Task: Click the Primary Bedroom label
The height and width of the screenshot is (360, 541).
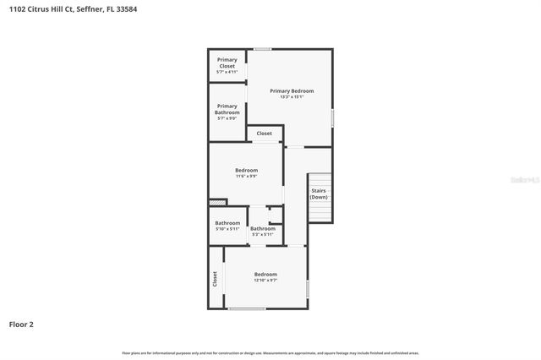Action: click(292, 90)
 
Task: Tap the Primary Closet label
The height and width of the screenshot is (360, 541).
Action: click(227, 63)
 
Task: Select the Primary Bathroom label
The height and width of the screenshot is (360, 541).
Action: click(227, 109)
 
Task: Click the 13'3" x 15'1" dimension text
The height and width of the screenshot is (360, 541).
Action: click(292, 97)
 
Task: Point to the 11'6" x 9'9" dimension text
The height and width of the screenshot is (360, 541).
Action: click(246, 177)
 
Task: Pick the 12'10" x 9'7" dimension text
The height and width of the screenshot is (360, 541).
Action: click(265, 281)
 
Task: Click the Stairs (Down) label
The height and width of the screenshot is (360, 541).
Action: click(319, 194)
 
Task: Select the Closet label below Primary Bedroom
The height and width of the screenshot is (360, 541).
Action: click(265, 134)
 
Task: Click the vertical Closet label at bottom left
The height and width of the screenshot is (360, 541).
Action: click(215, 278)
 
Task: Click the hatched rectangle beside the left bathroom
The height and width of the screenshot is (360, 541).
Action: click(218, 202)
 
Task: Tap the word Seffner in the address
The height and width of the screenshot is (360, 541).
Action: click(89, 9)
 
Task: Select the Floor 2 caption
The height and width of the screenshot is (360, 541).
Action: click(21, 324)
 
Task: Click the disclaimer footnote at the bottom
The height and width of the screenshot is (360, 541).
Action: click(270, 353)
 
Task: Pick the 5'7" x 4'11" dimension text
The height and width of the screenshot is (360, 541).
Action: click(227, 72)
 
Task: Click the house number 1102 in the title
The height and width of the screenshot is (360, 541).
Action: click(17, 9)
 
